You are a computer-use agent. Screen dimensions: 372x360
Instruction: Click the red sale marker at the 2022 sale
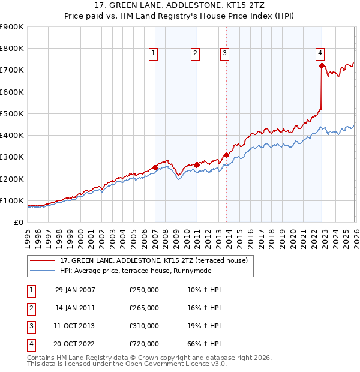(322, 65)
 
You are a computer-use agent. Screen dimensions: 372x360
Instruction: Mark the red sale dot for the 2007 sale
(155, 167)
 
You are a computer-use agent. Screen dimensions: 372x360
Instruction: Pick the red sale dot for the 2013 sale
(227, 155)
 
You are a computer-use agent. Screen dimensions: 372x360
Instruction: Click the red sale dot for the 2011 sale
(197, 164)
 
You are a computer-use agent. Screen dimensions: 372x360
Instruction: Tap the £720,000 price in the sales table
(144, 344)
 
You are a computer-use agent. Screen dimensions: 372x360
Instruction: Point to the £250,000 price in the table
(144, 290)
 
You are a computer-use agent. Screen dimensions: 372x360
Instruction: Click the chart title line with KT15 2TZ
(180, 5)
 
